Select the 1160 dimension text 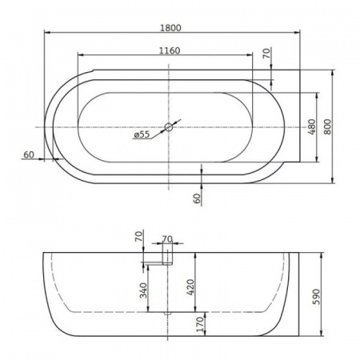click(x=169, y=50)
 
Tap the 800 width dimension click(x=326, y=126)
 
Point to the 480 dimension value click(x=311, y=126)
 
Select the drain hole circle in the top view click(x=170, y=126)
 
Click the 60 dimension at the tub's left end click(x=29, y=154)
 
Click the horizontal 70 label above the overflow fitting click(x=167, y=238)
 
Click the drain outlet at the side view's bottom click(x=167, y=312)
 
